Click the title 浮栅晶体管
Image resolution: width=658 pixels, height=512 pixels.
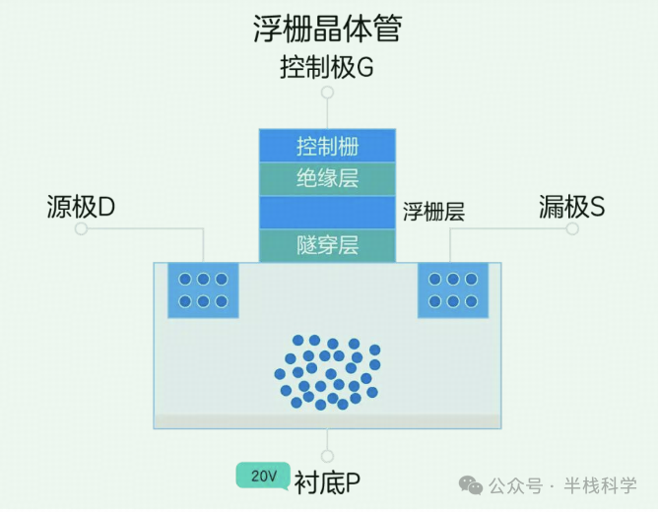(x=327, y=29)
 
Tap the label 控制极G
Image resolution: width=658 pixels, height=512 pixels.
(x=327, y=68)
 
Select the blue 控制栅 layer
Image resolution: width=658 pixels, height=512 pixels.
(x=327, y=147)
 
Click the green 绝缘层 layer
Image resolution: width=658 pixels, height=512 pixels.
(x=327, y=179)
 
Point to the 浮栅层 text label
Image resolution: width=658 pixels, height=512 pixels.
(x=433, y=212)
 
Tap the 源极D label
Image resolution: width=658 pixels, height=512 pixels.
(x=81, y=207)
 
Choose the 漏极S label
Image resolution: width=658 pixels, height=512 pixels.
(x=571, y=207)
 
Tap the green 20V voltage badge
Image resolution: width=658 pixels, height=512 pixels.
(x=263, y=476)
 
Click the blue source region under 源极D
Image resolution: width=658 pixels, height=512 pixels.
(x=203, y=290)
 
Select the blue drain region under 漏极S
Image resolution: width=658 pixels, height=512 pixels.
(x=452, y=290)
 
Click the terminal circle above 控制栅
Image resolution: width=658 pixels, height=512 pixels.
(x=327, y=93)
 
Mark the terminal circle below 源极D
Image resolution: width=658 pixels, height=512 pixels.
(x=81, y=228)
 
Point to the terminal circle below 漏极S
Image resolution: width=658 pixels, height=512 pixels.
(x=572, y=228)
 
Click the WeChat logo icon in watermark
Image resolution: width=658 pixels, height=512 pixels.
(x=472, y=484)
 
